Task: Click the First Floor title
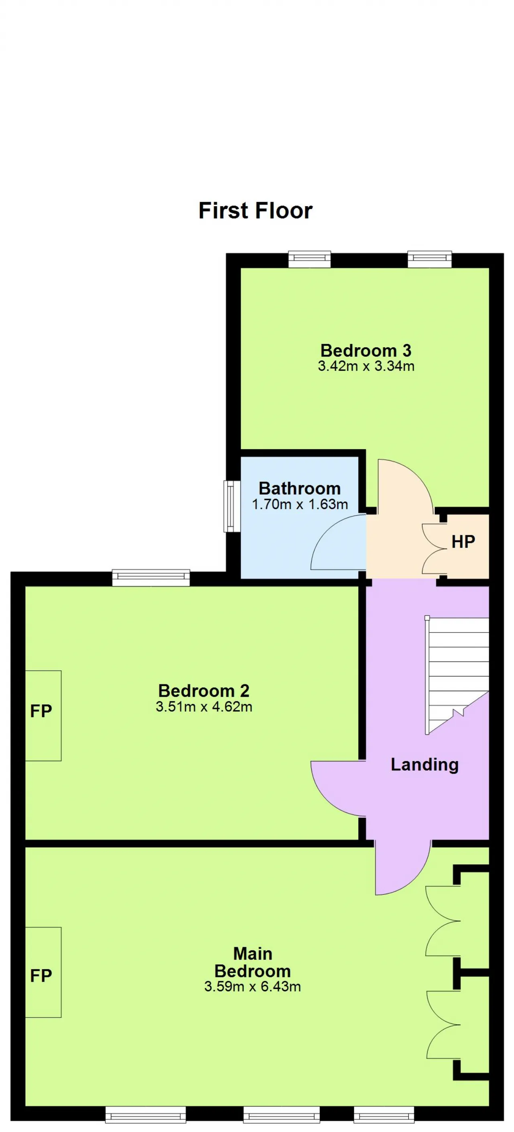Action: pos(255,211)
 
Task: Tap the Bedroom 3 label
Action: pos(365,350)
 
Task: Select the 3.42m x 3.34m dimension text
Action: pos(366,366)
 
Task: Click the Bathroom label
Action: pos(300,488)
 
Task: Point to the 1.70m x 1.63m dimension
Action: pos(300,504)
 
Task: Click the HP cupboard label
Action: pos(463,542)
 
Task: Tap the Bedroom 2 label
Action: pos(204,690)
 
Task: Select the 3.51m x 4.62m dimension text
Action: pos(204,706)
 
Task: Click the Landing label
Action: pos(425,765)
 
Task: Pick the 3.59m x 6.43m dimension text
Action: pos(253,987)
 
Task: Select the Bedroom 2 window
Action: pos(151,577)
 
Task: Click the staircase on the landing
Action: pos(457,675)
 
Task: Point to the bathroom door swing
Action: pos(338,542)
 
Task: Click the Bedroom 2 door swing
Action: pos(338,788)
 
